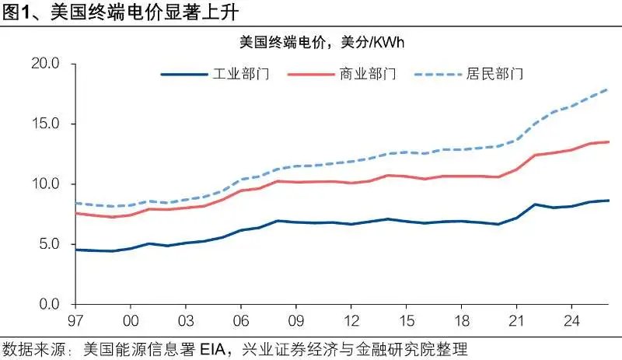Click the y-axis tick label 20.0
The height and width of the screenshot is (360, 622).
pos(45,64)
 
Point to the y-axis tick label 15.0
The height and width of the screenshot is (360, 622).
pos(45,124)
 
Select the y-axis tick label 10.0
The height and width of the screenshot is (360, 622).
pos(45,184)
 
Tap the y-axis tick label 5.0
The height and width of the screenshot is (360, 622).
pos(48,244)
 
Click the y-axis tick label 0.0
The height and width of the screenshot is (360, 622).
pos(48,304)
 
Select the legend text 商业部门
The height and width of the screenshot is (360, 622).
pos(369,75)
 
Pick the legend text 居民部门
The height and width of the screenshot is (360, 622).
pos(496,75)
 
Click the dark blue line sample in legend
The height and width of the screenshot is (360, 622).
pos(183,75)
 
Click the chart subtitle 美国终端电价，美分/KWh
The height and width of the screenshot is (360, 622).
pos(321,40)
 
